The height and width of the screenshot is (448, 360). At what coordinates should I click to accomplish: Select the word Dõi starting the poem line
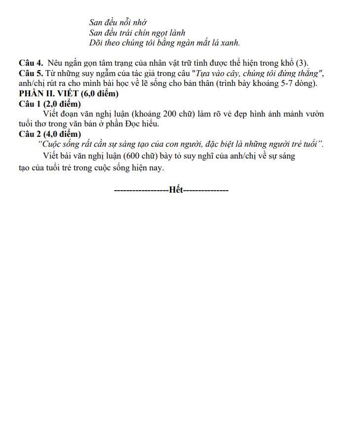pyautogui.click(x=96, y=43)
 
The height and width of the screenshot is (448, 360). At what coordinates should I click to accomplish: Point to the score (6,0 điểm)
pyautogui.click(x=99, y=94)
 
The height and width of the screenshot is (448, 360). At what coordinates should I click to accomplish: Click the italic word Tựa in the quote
pyautogui.click(x=216, y=74)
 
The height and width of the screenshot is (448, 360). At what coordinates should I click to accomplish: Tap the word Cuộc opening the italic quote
pyautogui.click(x=51, y=145)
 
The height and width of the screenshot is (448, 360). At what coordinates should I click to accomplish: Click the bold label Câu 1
pyautogui.click(x=31, y=104)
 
